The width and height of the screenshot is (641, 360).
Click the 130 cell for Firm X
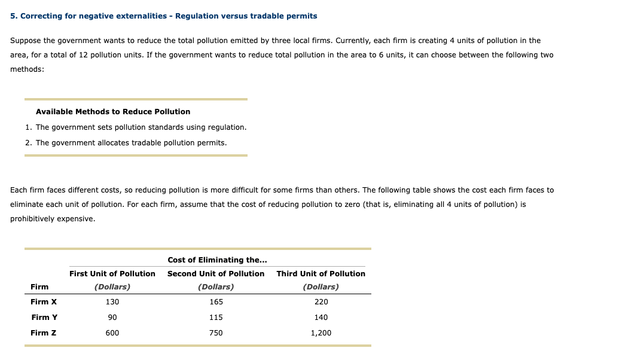pyautogui.click(x=112, y=302)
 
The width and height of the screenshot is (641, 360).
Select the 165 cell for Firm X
pyautogui.click(x=216, y=302)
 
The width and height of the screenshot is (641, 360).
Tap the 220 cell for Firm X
pyautogui.click(x=321, y=302)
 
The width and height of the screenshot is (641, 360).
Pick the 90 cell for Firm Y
pyautogui.click(x=112, y=318)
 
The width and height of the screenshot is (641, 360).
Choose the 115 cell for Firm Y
pyautogui.click(x=216, y=318)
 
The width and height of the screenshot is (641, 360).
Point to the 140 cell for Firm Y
pyautogui.click(x=321, y=318)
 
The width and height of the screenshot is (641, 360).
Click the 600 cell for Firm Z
pyautogui.click(x=112, y=333)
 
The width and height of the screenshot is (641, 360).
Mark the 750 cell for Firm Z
pyautogui.click(x=216, y=333)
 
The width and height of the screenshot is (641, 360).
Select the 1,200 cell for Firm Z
pyautogui.click(x=321, y=333)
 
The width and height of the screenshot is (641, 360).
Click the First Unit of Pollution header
pyautogui.click(x=112, y=274)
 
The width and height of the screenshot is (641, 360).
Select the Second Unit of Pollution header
pyautogui.click(x=216, y=274)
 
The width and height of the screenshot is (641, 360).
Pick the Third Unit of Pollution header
pyautogui.click(x=321, y=274)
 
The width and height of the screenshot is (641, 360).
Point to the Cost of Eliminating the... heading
pyautogui.click(x=217, y=260)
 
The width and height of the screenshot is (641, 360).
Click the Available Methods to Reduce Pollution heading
pyautogui.click(x=113, y=112)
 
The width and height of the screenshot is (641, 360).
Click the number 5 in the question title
pyautogui.click(x=13, y=16)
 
